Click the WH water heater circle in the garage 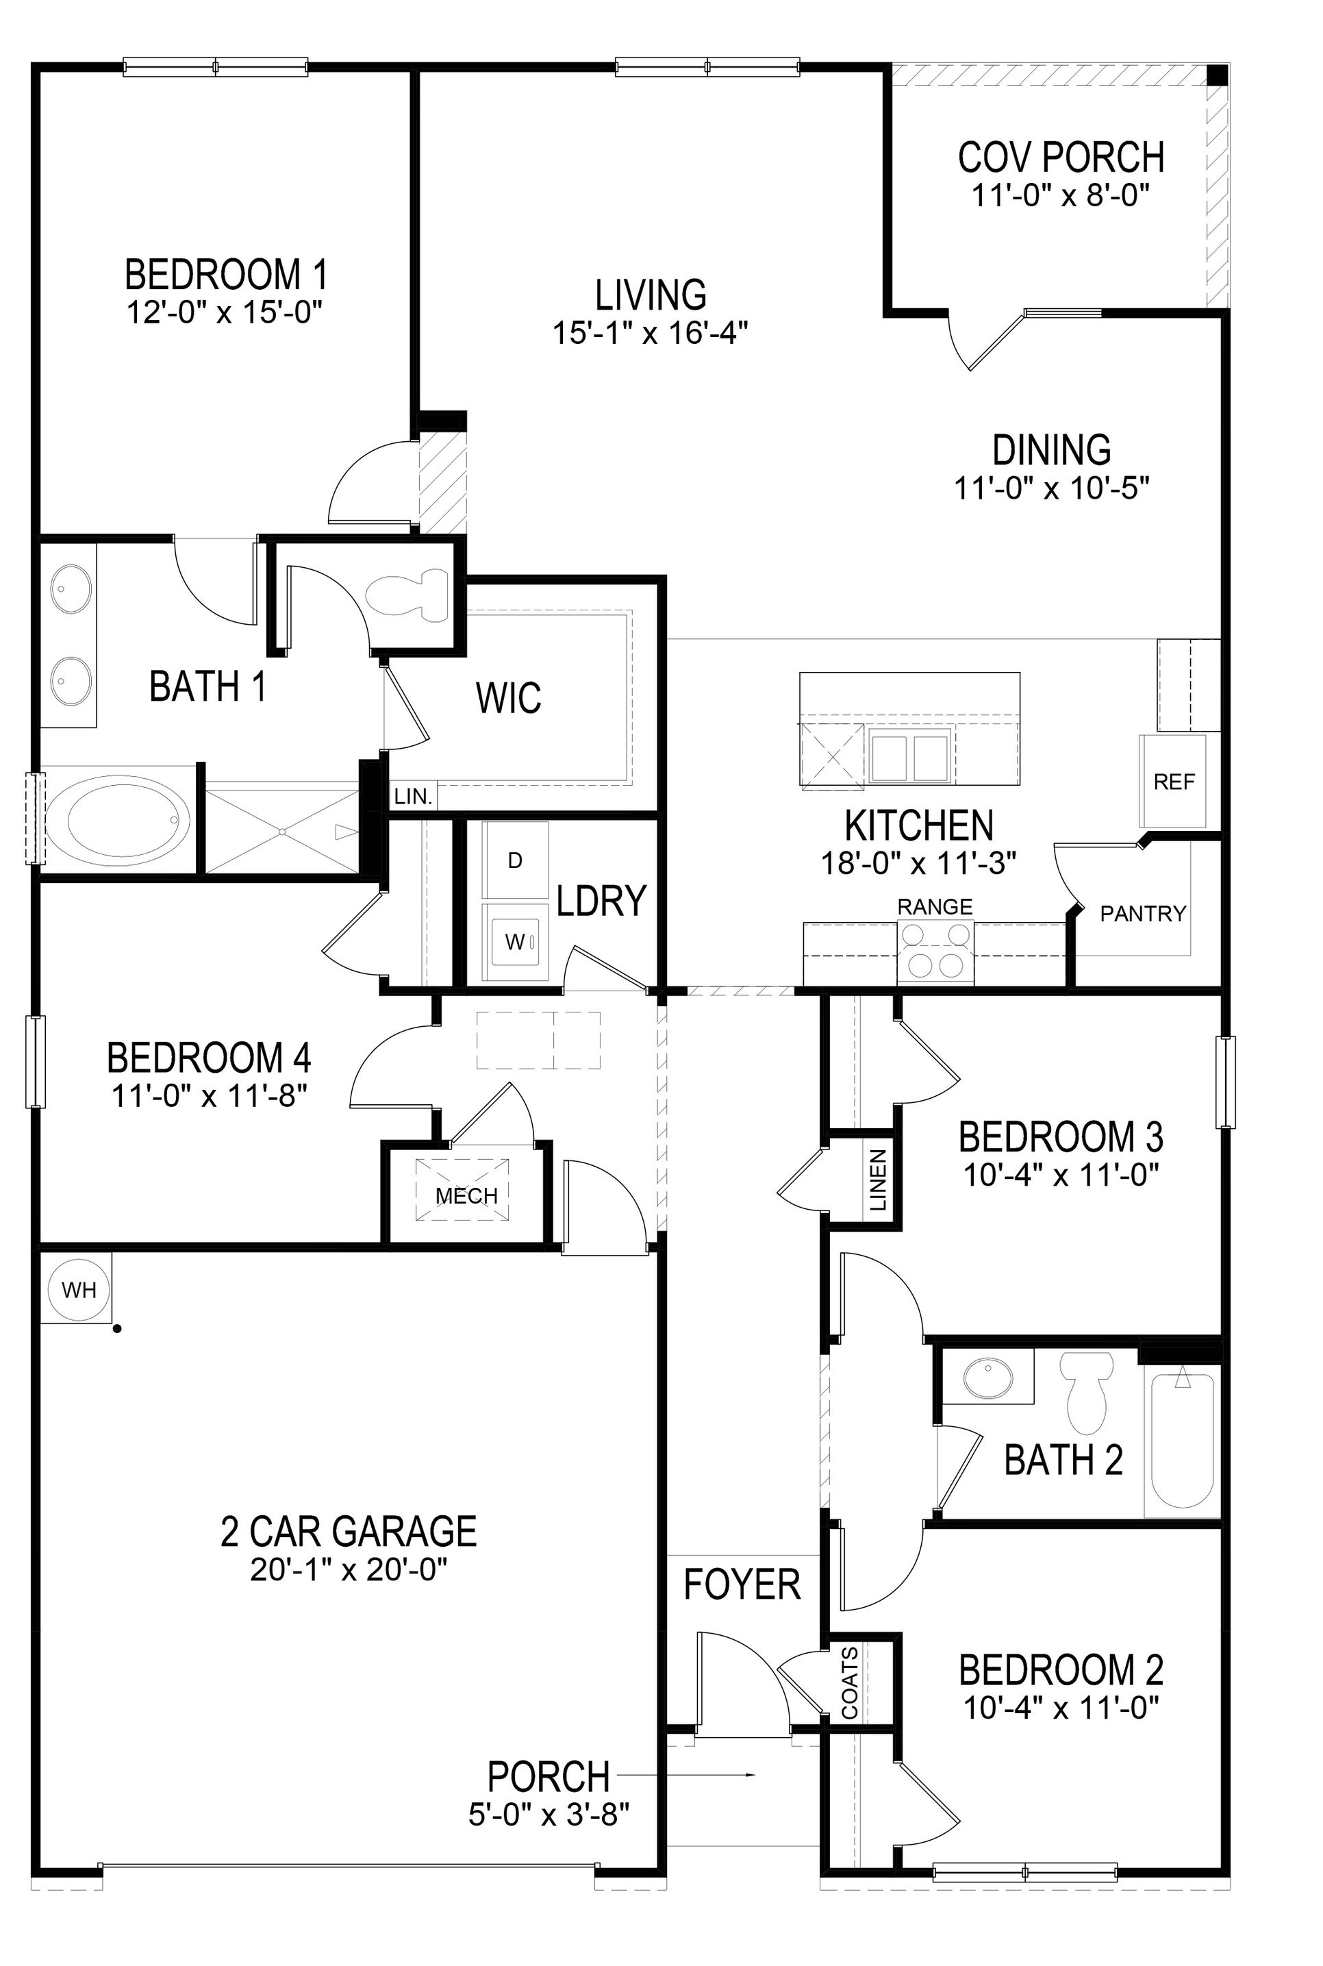[x=79, y=1289]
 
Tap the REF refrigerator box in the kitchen [x=1174, y=782]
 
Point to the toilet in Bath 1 [x=409, y=595]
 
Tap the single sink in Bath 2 [x=987, y=1377]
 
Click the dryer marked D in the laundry [x=515, y=860]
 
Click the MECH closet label [x=466, y=1195]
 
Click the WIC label [x=509, y=698]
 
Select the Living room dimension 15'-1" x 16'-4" [x=651, y=332]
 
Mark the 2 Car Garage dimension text [x=349, y=1569]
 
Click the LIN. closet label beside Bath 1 [x=414, y=796]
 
